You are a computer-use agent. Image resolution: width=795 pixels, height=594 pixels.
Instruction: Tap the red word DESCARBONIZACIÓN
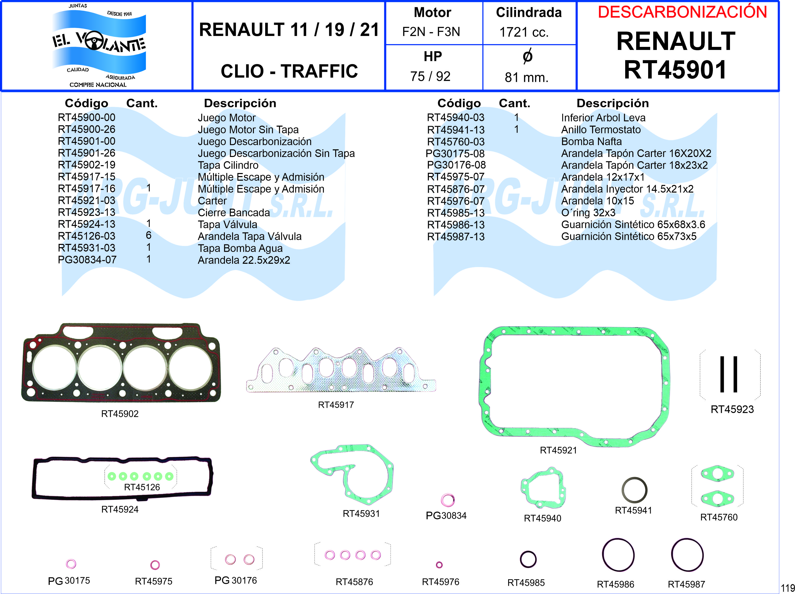coord(682,12)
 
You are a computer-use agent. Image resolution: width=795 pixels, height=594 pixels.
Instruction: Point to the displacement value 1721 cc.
coord(524,32)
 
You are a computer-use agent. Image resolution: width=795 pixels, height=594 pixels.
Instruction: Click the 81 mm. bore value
coord(527,77)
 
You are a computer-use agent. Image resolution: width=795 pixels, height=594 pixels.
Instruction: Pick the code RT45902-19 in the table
coord(87,165)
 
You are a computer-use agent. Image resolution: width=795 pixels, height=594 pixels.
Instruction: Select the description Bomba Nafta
coord(591,141)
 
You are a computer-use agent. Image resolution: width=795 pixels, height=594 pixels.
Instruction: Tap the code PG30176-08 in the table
coord(456,165)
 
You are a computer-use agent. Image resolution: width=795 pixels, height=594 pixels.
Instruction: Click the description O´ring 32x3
coord(588,213)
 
